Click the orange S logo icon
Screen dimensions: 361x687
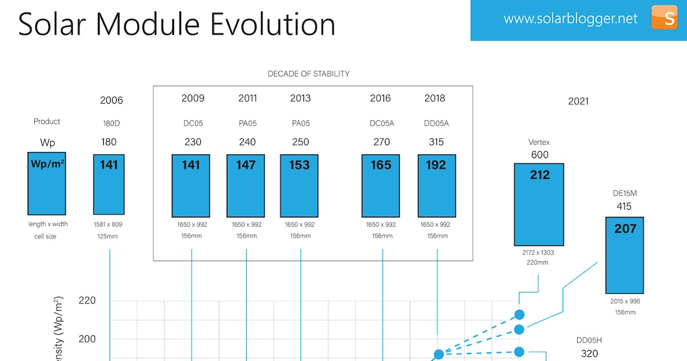pos(664,17)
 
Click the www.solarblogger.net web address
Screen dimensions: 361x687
pos(570,18)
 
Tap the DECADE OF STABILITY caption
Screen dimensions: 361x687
pos(309,74)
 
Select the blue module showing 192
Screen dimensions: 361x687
pos(437,185)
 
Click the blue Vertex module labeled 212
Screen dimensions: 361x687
pos(539,204)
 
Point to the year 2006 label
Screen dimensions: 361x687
pos(111,100)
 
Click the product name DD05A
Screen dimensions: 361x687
pos(436,123)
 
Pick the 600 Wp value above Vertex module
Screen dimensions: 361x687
pos(539,155)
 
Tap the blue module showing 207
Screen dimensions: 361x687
pos(625,255)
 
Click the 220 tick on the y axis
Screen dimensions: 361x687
pos(86,300)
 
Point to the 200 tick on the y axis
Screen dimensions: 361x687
pos(86,339)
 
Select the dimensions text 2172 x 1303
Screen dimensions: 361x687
pos(538,253)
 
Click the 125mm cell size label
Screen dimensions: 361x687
pos(109,236)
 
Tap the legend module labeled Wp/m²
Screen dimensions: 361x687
pos(47,183)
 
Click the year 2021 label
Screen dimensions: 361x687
pos(578,101)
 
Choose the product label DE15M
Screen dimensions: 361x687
pos(625,193)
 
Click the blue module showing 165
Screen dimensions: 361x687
pos(381,185)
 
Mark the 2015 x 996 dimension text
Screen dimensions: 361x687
pos(625,301)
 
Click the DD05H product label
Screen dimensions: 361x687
pos(590,340)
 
